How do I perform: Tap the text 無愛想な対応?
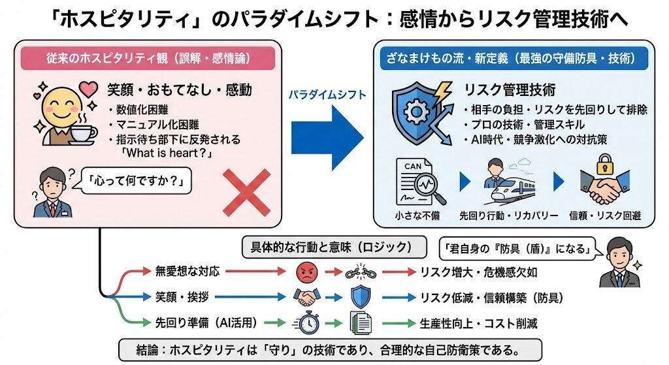(183, 271)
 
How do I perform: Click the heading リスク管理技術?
(509, 89)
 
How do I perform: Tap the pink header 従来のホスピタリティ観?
(148, 58)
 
